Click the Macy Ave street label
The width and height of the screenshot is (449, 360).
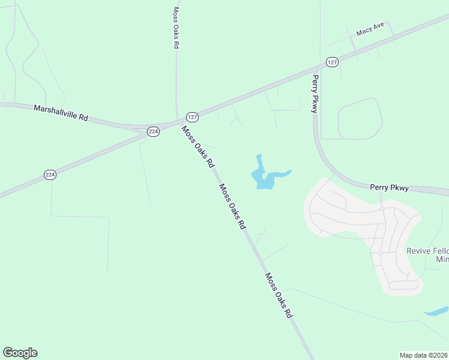[x=370, y=30]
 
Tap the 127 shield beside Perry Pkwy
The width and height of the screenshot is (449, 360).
[x=333, y=62]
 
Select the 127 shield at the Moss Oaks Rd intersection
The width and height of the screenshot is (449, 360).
[x=191, y=116]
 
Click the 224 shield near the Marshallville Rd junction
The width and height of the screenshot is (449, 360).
[x=153, y=131]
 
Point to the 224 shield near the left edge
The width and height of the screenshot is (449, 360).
[x=50, y=175]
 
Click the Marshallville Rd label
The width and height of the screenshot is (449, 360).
[x=61, y=113]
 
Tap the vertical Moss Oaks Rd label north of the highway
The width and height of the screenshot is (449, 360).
[x=176, y=28]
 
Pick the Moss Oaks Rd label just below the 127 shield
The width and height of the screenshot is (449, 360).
[x=198, y=147]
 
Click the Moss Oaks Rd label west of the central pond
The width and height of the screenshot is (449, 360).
[x=232, y=206]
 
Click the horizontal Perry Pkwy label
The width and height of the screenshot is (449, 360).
[x=389, y=188]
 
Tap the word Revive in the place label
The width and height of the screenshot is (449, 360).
[x=419, y=251]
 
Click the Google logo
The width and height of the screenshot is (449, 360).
[x=20, y=353]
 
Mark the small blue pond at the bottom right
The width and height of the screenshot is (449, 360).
[x=436, y=311]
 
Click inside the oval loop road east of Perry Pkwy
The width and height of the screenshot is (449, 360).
[x=359, y=119]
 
